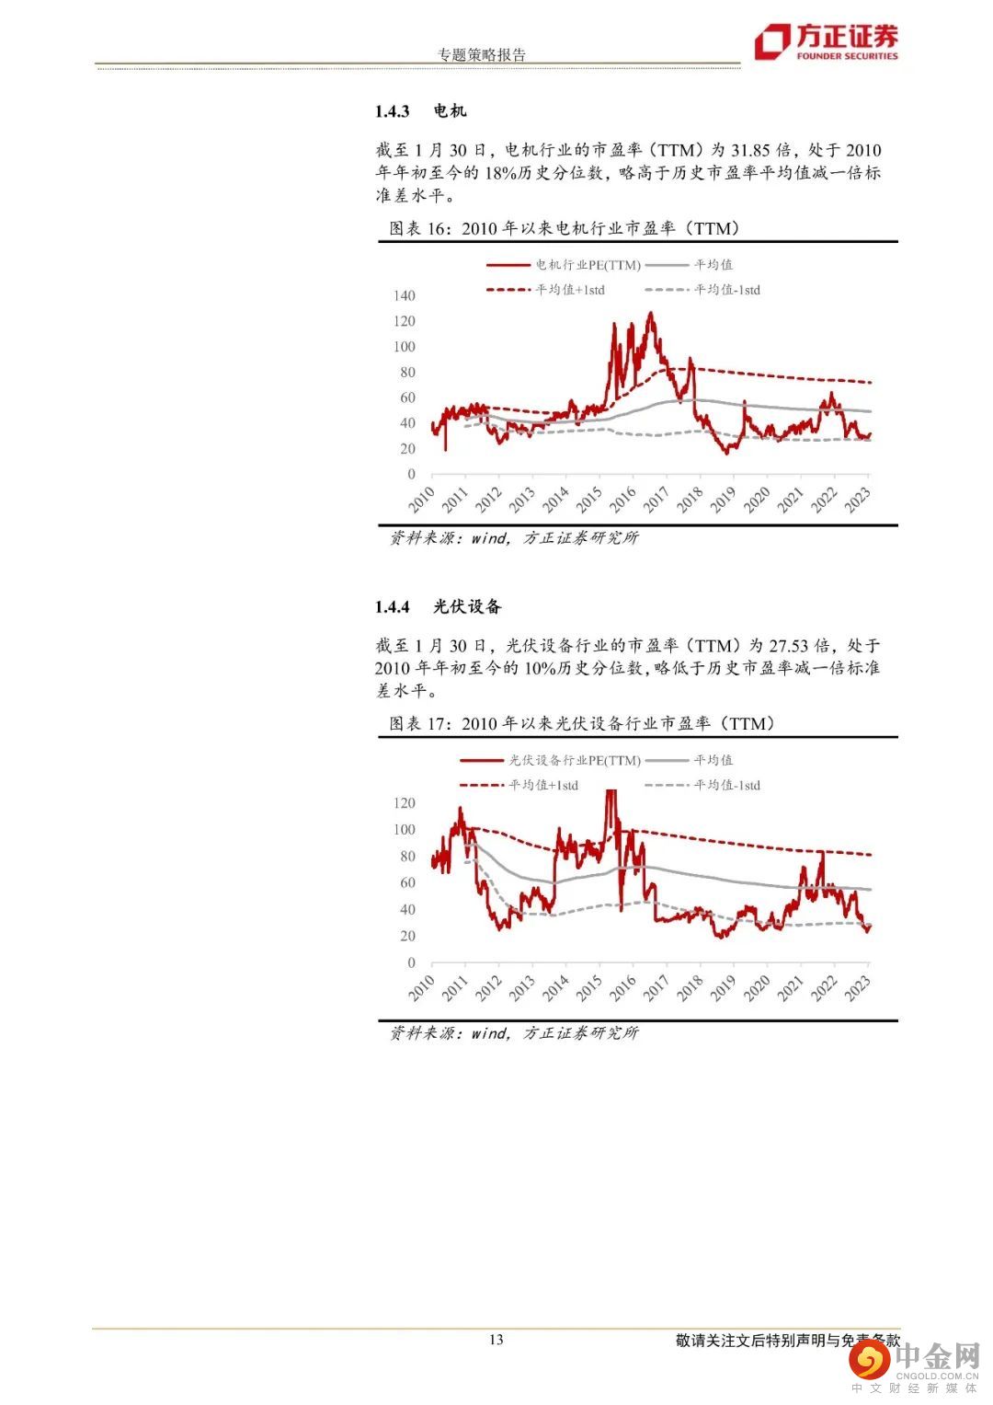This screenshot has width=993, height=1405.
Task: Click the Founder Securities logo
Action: [826, 42]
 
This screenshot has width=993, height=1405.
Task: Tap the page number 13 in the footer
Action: [496, 1340]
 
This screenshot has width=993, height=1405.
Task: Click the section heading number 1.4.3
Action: [392, 111]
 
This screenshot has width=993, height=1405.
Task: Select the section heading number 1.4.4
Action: [392, 607]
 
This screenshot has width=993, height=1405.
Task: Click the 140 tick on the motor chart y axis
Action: [405, 296]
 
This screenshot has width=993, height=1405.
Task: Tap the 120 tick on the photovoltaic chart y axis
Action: [405, 803]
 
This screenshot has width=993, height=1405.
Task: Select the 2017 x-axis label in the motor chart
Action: [656, 500]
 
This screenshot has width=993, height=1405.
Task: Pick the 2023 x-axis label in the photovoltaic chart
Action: [858, 988]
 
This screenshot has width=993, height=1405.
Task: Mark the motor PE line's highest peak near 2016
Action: [651, 314]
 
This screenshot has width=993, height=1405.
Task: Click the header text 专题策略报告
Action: [482, 54]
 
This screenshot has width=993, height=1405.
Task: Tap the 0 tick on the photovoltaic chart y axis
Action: [411, 963]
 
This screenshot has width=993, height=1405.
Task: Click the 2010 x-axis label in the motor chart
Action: [422, 500]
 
